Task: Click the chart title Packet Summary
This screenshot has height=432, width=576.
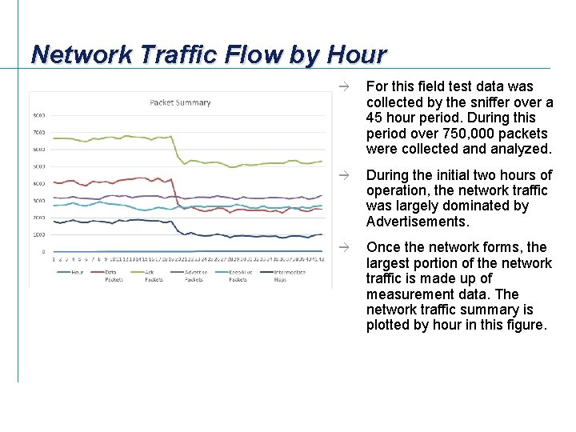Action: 180,102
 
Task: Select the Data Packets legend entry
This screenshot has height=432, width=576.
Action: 114,275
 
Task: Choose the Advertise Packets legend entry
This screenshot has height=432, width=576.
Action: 196,275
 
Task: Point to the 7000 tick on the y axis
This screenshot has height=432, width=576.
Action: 38,133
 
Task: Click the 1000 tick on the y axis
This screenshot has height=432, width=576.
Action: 38,234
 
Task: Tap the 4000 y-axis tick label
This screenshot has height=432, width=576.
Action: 38,184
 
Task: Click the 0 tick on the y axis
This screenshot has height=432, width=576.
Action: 43,251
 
